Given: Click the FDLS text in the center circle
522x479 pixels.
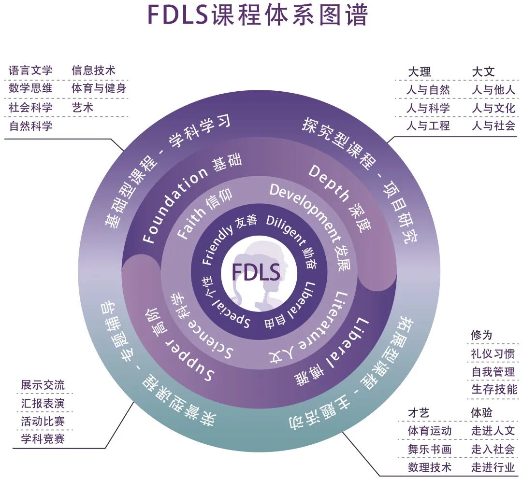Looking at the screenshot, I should tap(256, 272).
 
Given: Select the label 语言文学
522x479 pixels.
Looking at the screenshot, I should tap(30, 70).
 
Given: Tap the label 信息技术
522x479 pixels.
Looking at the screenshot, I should tap(93, 70).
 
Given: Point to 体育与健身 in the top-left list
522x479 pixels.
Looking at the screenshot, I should tap(99, 89).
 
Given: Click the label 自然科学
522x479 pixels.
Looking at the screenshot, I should tap(30, 127).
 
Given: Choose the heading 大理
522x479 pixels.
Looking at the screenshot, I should tap(419, 72).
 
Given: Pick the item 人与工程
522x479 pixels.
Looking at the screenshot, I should tap(428, 126).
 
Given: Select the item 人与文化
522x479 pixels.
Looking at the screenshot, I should tap(493, 108).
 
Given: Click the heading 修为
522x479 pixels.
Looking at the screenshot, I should tap(481, 335).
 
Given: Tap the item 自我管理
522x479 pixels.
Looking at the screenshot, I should tap(493, 372).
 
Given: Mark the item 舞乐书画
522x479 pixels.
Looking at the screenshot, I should tap(430, 449).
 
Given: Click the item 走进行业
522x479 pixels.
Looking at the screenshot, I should tap(493, 467).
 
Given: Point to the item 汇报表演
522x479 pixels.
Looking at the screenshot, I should tap(43, 403).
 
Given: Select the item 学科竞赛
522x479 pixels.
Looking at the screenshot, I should tap(43, 438).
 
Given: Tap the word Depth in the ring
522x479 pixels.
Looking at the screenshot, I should tap(328, 183).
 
